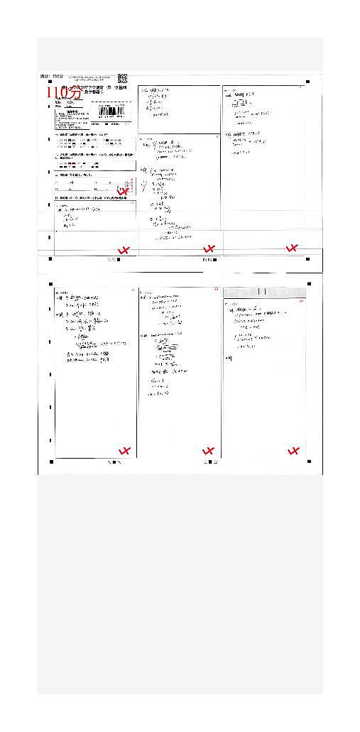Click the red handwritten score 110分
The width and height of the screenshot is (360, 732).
(64, 92)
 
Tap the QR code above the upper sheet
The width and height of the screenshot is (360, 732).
(122, 78)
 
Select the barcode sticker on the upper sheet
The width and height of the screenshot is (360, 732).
(114, 111)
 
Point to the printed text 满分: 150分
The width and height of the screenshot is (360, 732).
(52, 75)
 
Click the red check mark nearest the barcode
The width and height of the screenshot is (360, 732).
(124, 191)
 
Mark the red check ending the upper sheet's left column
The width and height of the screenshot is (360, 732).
(124, 250)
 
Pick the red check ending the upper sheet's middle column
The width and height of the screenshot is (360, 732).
(209, 248)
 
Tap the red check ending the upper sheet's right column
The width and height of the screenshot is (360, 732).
(291, 248)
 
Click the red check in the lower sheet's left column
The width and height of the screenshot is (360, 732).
(125, 451)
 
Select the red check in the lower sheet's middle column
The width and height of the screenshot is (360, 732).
(208, 450)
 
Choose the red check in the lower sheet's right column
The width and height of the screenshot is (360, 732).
(293, 451)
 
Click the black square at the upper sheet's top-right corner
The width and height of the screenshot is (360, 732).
(308, 82)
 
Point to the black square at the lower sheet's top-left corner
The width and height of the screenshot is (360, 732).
(51, 283)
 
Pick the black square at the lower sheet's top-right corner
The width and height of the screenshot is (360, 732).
(308, 283)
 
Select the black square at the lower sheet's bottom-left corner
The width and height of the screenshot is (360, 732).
(51, 461)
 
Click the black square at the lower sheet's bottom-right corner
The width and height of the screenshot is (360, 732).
(308, 461)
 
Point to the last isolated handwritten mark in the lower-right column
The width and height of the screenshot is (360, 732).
(229, 359)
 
